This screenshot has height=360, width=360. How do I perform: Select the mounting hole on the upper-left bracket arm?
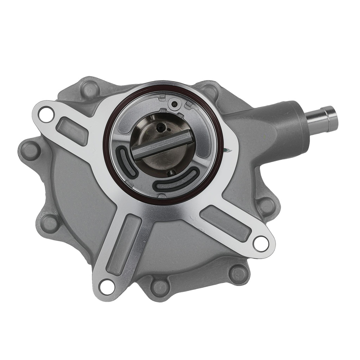click(45, 114)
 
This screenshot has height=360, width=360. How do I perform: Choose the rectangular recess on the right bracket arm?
click(225, 223)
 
